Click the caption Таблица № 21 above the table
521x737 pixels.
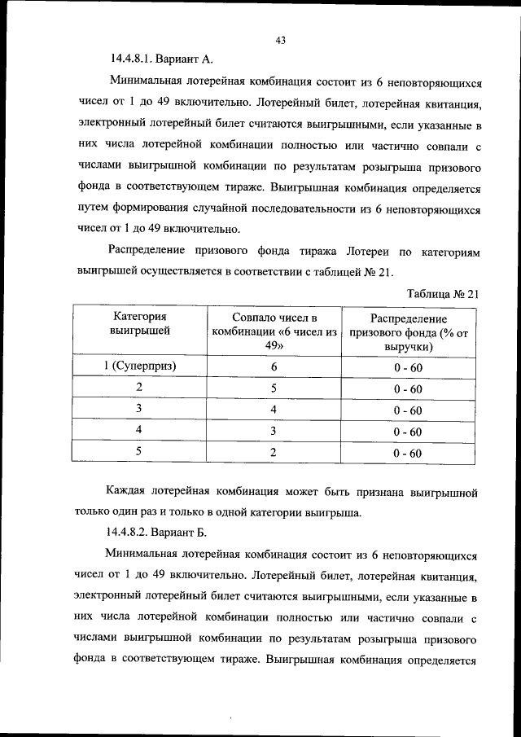(x=440, y=296)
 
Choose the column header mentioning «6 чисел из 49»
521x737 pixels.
(x=274, y=331)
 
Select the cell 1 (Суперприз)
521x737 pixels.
(x=140, y=366)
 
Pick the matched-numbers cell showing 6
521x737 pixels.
(x=274, y=366)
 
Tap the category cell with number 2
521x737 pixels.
(x=140, y=388)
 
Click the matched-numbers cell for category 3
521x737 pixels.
(x=274, y=409)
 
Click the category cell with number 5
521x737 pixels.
(x=140, y=451)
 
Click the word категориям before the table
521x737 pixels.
(x=447, y=252)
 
